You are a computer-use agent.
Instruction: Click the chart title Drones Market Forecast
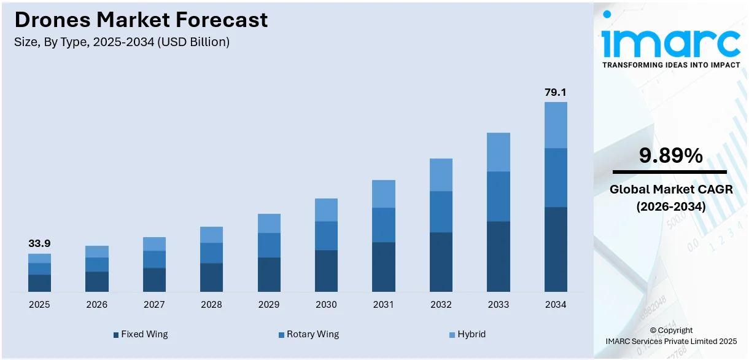tap(141, 20)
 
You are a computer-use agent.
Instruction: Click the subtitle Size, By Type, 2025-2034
tap(122, 42)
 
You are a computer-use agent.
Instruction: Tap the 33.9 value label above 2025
tap(39, 244)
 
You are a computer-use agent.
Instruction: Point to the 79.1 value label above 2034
tap(556, 92)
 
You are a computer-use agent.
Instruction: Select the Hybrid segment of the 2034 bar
tap(556, 125)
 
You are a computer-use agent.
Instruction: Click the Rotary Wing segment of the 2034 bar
tap(556, 178)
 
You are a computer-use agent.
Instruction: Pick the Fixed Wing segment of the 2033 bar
tap(499, 256)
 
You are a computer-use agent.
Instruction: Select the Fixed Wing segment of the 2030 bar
tap(326, 270)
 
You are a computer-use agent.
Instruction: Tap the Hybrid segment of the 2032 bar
tap(441, 174)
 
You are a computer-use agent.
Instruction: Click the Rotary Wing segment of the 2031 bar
tap(384, 225)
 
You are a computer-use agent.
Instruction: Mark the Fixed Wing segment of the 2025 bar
tap(39, 283)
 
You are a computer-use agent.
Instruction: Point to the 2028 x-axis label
tap(211, 305)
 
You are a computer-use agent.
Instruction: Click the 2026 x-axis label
tap(96, 305)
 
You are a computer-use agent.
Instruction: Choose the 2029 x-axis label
tap(269, 305)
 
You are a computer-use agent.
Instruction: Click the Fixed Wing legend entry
tap(141, 334)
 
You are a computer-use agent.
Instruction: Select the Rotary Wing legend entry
tap(308, 334)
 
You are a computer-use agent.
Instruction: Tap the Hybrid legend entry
tap(467, 334)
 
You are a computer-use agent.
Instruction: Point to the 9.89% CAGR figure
tap(670, 156)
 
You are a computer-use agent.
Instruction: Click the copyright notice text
tap(670, 335)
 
